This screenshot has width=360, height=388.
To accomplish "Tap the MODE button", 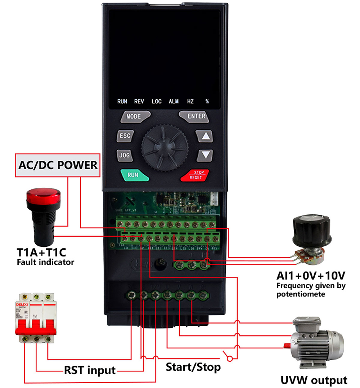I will click(133, 116).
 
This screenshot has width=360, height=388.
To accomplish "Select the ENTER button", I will click(197, 116).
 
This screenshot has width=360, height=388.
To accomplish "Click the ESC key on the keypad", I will click(125, 136).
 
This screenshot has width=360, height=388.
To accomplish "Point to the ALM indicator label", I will click(174, 102).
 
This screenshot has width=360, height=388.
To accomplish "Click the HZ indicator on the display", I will click(190, 102).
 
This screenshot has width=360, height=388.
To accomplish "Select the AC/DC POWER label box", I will click(58, 165).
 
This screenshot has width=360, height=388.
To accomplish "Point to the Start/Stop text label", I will click(193, 367).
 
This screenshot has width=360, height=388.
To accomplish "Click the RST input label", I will click(90, 370).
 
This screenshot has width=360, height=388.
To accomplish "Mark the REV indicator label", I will click(139, 102).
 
